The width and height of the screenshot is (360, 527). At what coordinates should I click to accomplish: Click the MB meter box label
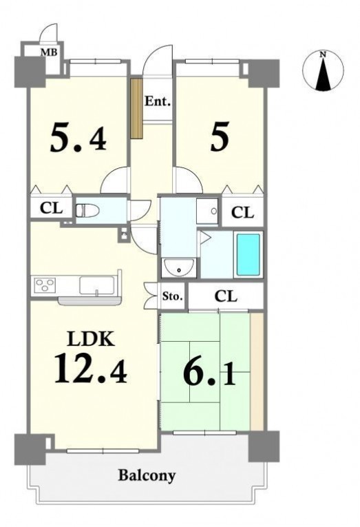pos(49,52)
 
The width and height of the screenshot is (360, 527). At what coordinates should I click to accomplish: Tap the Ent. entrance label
pos(158,101)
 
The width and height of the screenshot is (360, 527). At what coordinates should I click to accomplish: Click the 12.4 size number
pos(91,369)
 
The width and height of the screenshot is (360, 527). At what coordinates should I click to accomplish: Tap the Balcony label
pos(147,475)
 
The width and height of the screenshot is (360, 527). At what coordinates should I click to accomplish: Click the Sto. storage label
pos(173,296)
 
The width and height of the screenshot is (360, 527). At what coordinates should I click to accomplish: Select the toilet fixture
pos(87,211)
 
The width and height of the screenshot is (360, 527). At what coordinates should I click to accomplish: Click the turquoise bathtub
pos(248,255)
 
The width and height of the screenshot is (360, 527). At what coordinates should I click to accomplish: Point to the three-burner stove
pos(45,286)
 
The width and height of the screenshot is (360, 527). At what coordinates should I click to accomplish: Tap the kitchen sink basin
pos(97,285)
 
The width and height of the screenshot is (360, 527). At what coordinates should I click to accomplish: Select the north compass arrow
pos(323,74)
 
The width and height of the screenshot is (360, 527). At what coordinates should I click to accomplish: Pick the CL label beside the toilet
pos(51,208)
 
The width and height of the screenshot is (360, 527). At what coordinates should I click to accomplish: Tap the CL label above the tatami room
pos(226,296)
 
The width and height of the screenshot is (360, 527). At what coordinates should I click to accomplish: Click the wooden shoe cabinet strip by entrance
pos(137,108)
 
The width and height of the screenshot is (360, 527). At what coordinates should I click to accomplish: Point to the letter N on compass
pos(323,54)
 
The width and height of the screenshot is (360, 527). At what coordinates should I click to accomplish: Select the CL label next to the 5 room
pos(242,212)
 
